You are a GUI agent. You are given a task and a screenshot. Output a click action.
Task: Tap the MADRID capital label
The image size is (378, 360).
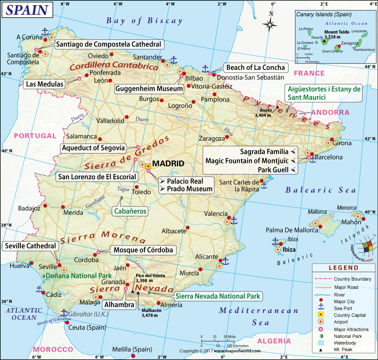click(168, 164)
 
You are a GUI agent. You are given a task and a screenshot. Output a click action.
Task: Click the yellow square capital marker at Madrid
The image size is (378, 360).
click(148, 166)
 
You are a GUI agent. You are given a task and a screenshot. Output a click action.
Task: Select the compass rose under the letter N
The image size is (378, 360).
click(271, 25)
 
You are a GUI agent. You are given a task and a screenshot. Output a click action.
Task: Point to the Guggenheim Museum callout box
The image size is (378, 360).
click(149, 89)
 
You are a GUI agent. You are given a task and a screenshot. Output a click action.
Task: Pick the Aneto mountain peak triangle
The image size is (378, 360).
click(277, 107)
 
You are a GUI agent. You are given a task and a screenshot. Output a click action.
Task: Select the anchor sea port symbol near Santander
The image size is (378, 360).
click(174, 60)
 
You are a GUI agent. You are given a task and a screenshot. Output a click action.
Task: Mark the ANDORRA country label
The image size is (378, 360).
click(330, 113)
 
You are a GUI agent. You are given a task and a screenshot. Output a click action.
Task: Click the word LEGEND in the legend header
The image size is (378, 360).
click(344, 268)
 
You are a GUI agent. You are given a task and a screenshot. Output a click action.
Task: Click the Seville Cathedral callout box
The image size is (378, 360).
click(30, 246)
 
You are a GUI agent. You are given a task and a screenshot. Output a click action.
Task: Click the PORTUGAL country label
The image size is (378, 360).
click(35, 136)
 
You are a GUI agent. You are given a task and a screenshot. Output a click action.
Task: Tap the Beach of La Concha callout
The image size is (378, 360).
click(256, 68)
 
